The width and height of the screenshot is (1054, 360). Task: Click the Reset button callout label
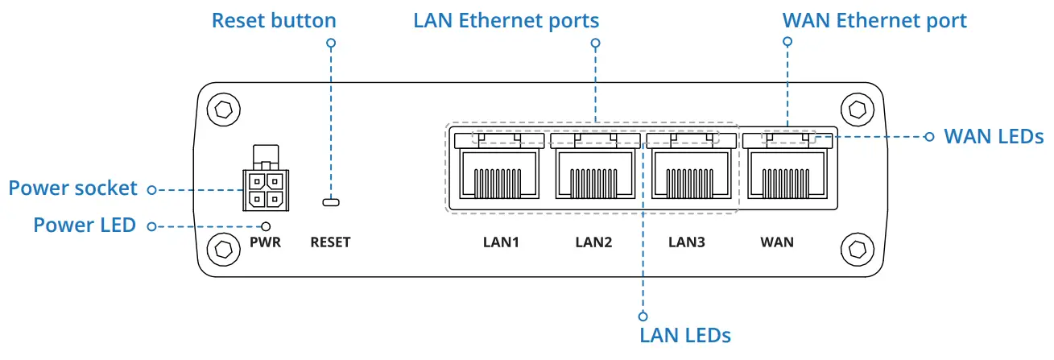[x=274, y=20]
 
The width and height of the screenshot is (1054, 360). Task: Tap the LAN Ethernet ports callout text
[x=506, y=20]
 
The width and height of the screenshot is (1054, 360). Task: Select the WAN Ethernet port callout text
[x=874, y=20]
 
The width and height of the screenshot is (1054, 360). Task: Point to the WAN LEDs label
[x=994, y=136]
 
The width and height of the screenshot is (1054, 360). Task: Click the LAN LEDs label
[x=685, y=336]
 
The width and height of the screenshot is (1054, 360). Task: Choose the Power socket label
[x=73, y=188]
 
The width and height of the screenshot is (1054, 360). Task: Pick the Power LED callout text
[x=85, y=225]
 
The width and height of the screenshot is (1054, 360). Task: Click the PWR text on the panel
[x=265, y=242]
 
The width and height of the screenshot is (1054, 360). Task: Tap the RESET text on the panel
[x=330, y=242]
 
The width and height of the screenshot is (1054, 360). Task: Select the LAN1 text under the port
[x=501, y=242]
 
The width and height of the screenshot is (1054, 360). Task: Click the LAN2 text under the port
[x=593, y=242]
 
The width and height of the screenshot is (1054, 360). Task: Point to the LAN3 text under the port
[x=687, y=242]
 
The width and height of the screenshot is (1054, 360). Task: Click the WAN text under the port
[x=777, y=242]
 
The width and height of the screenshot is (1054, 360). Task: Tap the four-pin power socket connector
[x=266, y=179]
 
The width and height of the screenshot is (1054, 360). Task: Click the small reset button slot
[x=331, y=202]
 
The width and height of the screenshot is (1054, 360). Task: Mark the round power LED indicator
[x=266, y=226]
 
